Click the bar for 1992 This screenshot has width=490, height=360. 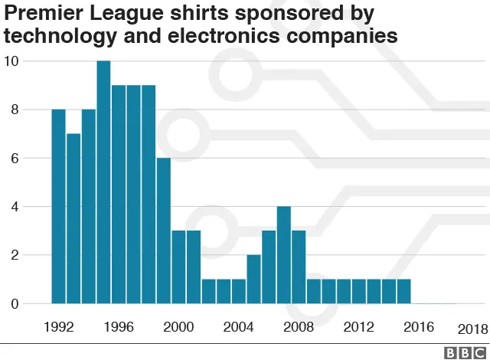point(58,207)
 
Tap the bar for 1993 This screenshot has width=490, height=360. point(73,218)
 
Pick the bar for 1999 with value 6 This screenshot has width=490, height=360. point(163,231)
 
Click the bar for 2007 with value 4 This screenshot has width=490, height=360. point(283,255)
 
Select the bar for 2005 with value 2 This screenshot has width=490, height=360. point(253,280)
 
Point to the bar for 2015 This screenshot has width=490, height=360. point(403,292)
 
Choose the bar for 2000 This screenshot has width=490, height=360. point(178,267)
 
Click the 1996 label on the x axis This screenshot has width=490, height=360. point(119,327)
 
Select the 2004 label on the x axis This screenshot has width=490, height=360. point(238,327)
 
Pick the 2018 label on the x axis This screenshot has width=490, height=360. point(472,329)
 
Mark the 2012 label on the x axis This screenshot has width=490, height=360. point(358,327)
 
